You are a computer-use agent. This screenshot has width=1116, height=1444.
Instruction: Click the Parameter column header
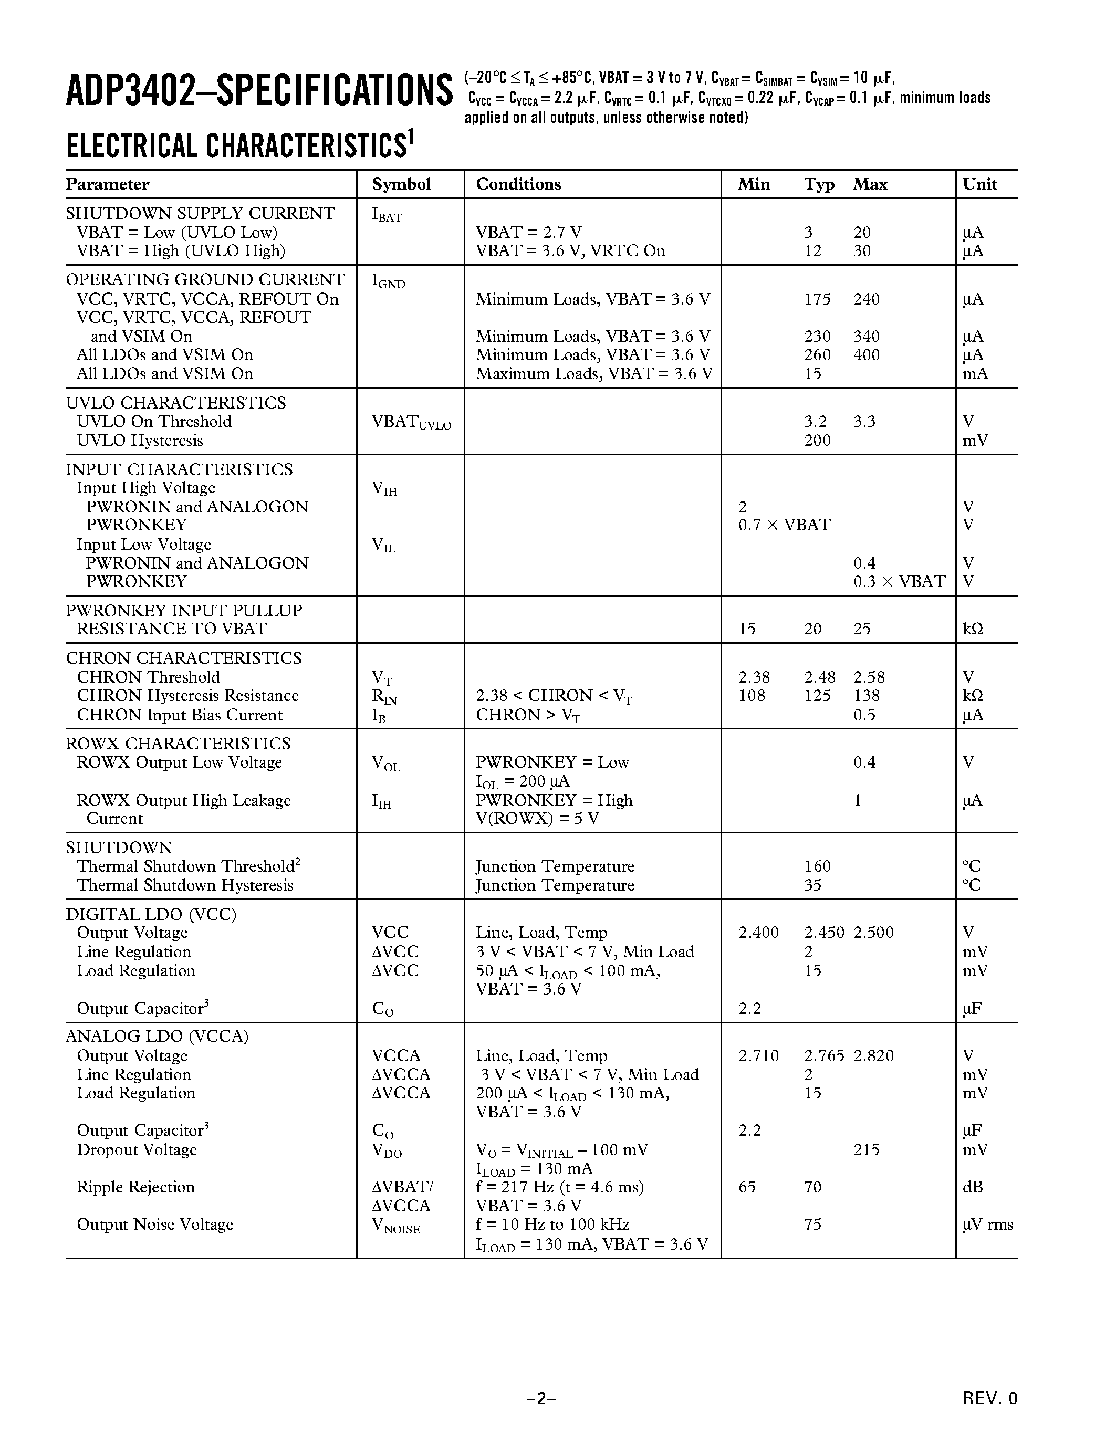click(107, 184)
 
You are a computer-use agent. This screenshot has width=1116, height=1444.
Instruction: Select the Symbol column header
click(401, 184)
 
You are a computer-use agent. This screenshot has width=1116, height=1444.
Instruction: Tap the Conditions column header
click(518, 184)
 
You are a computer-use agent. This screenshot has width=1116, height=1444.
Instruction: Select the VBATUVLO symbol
click(411, 423)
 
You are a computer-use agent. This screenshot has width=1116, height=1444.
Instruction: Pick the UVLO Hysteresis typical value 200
click(817, 441)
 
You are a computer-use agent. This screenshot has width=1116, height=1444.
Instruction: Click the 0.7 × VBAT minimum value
click(784, 525)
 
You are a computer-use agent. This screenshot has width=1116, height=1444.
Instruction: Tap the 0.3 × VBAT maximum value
click(899, 582)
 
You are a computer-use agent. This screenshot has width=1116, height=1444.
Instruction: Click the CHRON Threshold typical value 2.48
click(820, 677)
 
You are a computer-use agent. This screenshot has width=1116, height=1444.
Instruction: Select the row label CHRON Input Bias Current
click(179, 715)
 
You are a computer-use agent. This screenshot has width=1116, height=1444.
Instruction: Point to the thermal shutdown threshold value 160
click(817, 866)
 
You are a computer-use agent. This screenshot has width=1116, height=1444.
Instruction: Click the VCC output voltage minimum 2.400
click(758, 933)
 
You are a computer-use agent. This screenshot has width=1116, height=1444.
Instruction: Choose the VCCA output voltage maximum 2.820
click(873, 1056)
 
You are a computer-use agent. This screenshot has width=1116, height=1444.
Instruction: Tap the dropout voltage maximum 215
click(866, 1150)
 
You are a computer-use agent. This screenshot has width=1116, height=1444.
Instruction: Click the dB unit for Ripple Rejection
click(973, 1187)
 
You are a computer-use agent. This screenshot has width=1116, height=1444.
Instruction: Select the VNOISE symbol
click(395, 1226)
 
